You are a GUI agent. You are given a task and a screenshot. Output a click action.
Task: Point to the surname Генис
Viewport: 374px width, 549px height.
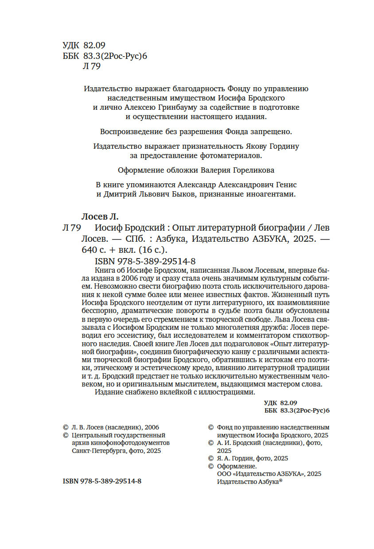click(283, 185)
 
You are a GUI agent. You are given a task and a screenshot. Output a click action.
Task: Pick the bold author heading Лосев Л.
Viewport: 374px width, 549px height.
click(101, 217)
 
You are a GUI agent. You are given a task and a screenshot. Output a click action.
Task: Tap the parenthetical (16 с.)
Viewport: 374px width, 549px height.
click(152, 249)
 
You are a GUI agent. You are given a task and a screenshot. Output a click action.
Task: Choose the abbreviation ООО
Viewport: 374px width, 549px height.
click(224, 473)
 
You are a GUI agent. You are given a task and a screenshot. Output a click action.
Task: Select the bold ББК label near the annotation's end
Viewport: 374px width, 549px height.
click(270, 411)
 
